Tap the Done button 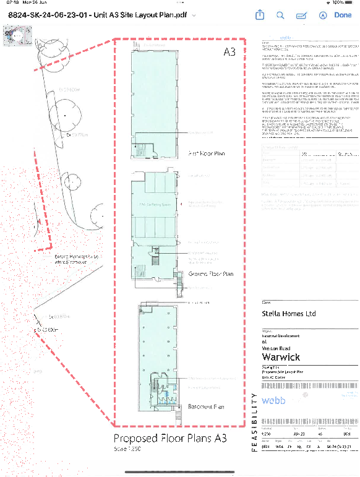click(342, 15)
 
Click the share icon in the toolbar click(260, 15)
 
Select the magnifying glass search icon click(280, 15)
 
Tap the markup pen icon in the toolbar click(302, 15)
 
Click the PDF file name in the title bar click(95, 15)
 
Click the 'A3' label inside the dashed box click(229, 53)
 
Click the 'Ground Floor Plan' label click(210, 273)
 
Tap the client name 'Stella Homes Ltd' click(289, 314)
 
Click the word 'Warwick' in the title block click(281, 357)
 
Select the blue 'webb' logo click(274, 401)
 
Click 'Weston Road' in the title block click(276, 348)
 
